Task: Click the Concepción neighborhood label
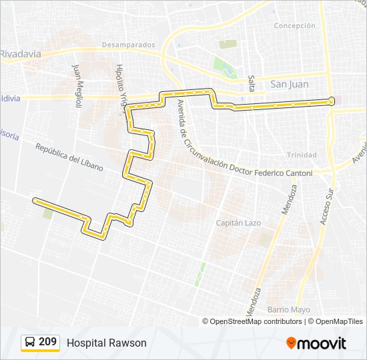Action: pos(294,25)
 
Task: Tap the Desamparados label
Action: pos(128,45)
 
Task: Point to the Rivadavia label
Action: pos(20,53)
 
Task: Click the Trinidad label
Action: pos(302,155)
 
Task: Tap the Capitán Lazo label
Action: pos(238,223)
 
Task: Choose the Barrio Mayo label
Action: pos(289,310)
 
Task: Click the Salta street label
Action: pos(252,83)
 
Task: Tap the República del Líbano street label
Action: pos(69,158)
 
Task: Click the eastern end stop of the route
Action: pos(332,101)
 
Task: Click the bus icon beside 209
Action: pos(29,342)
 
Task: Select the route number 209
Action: pos(47,342)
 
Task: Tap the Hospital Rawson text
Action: pos(106,343)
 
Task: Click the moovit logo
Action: pos(316,343)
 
